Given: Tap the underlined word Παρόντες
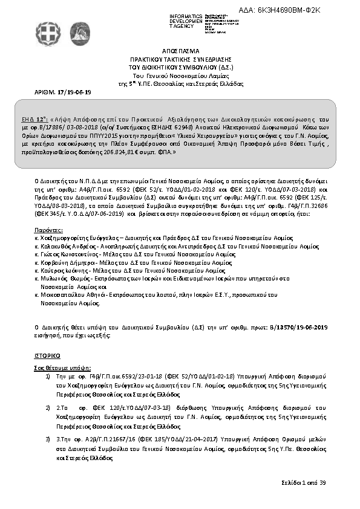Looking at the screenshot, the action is point(49,230).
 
